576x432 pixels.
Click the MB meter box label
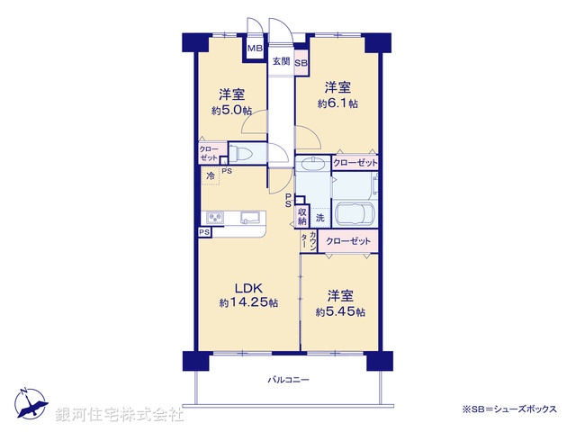(256, 49)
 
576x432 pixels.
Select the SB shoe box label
(301, 63)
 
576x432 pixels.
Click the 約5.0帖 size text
(231, 110)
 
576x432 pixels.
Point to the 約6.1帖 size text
(337, 103)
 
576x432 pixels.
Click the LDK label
(247, 288)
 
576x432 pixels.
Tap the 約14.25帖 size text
(247, 303)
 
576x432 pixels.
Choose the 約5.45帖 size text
(340, 311)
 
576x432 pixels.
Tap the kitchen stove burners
(216, 218)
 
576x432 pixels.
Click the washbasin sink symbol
(312, 164)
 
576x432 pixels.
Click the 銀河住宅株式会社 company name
(120, 416)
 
